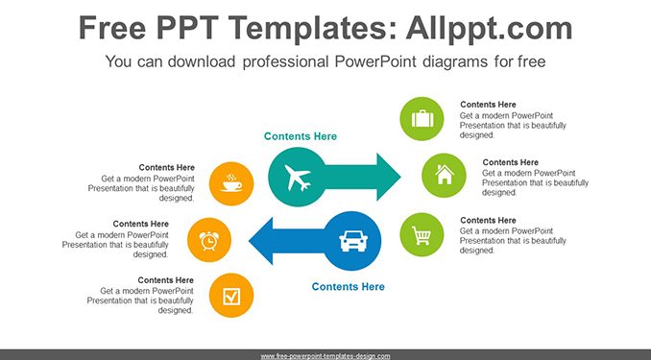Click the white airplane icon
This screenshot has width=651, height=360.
coord(298,178)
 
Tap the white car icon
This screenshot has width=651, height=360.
coord(353,241)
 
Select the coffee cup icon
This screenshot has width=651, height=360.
coord(231,183)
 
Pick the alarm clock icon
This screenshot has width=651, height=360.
coord(208,240)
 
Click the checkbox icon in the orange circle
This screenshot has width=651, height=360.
coord(231,297)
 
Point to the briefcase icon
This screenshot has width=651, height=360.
coord(422,119)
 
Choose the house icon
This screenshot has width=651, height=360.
coord(445,175)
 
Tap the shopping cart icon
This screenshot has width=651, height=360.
coord(422,235)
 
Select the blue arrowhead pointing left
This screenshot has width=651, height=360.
coord(261,241)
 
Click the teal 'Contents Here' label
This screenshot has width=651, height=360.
coord(301,136)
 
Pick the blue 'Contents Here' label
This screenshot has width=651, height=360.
coord(348,286)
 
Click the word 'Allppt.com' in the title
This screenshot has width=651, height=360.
coord(489,28)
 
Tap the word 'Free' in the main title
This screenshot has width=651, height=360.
coord(112,28)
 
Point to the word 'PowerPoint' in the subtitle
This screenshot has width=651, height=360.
coord(374,61)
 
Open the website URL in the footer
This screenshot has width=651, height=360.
coord(325,356)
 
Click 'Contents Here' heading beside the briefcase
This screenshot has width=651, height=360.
coord(488,105)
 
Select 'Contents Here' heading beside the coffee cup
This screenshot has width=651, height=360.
coord(166,167)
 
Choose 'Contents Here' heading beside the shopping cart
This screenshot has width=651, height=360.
coord(488,220)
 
